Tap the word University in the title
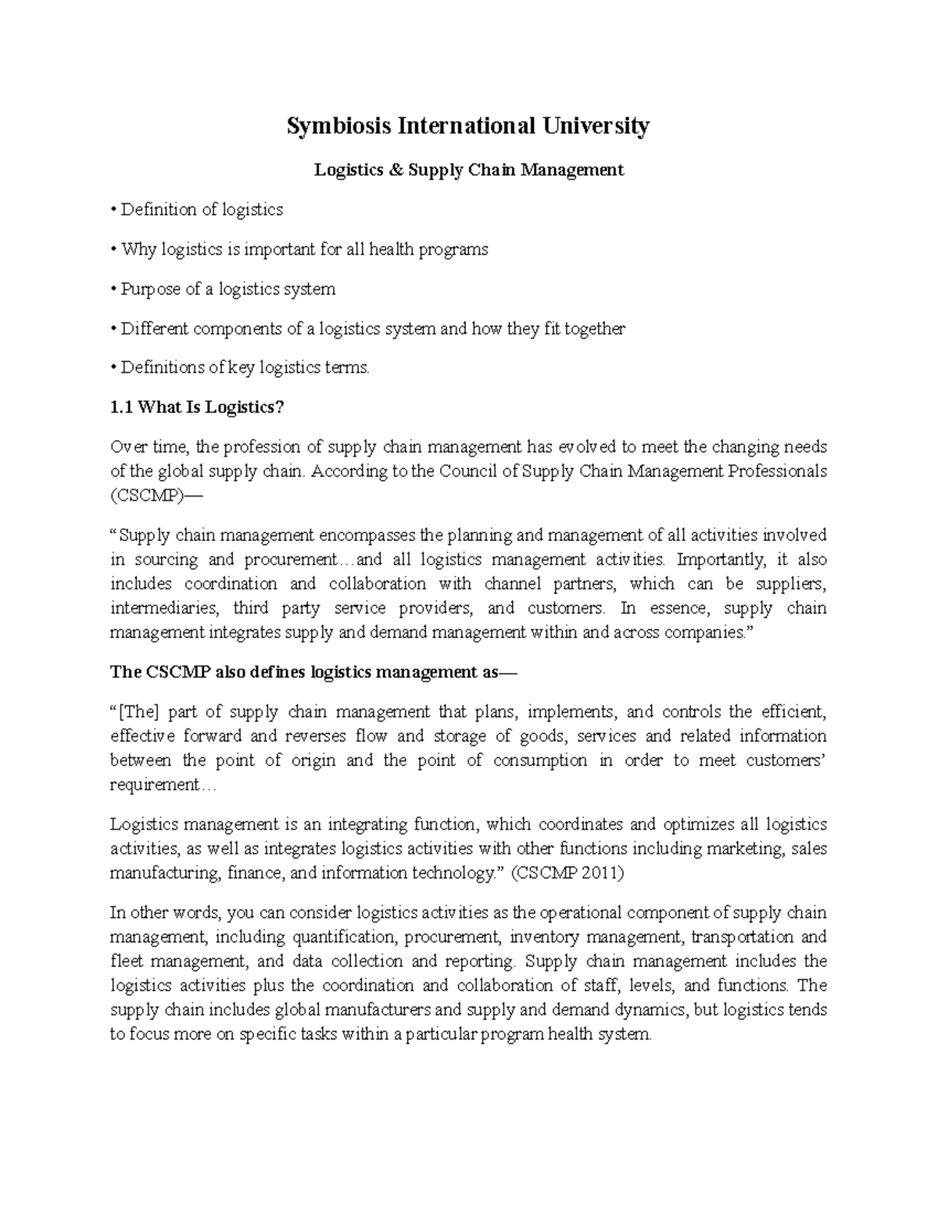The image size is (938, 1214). click(x=598, y=126)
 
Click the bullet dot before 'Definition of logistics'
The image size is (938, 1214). click(x=114, y=209)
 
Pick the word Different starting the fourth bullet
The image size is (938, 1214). click(x=155, y=329)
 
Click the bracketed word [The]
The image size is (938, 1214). click(x=137, y=711)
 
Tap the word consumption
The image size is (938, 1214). click(x=539, y=760)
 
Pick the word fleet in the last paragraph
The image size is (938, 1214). click(x=127, y=961)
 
